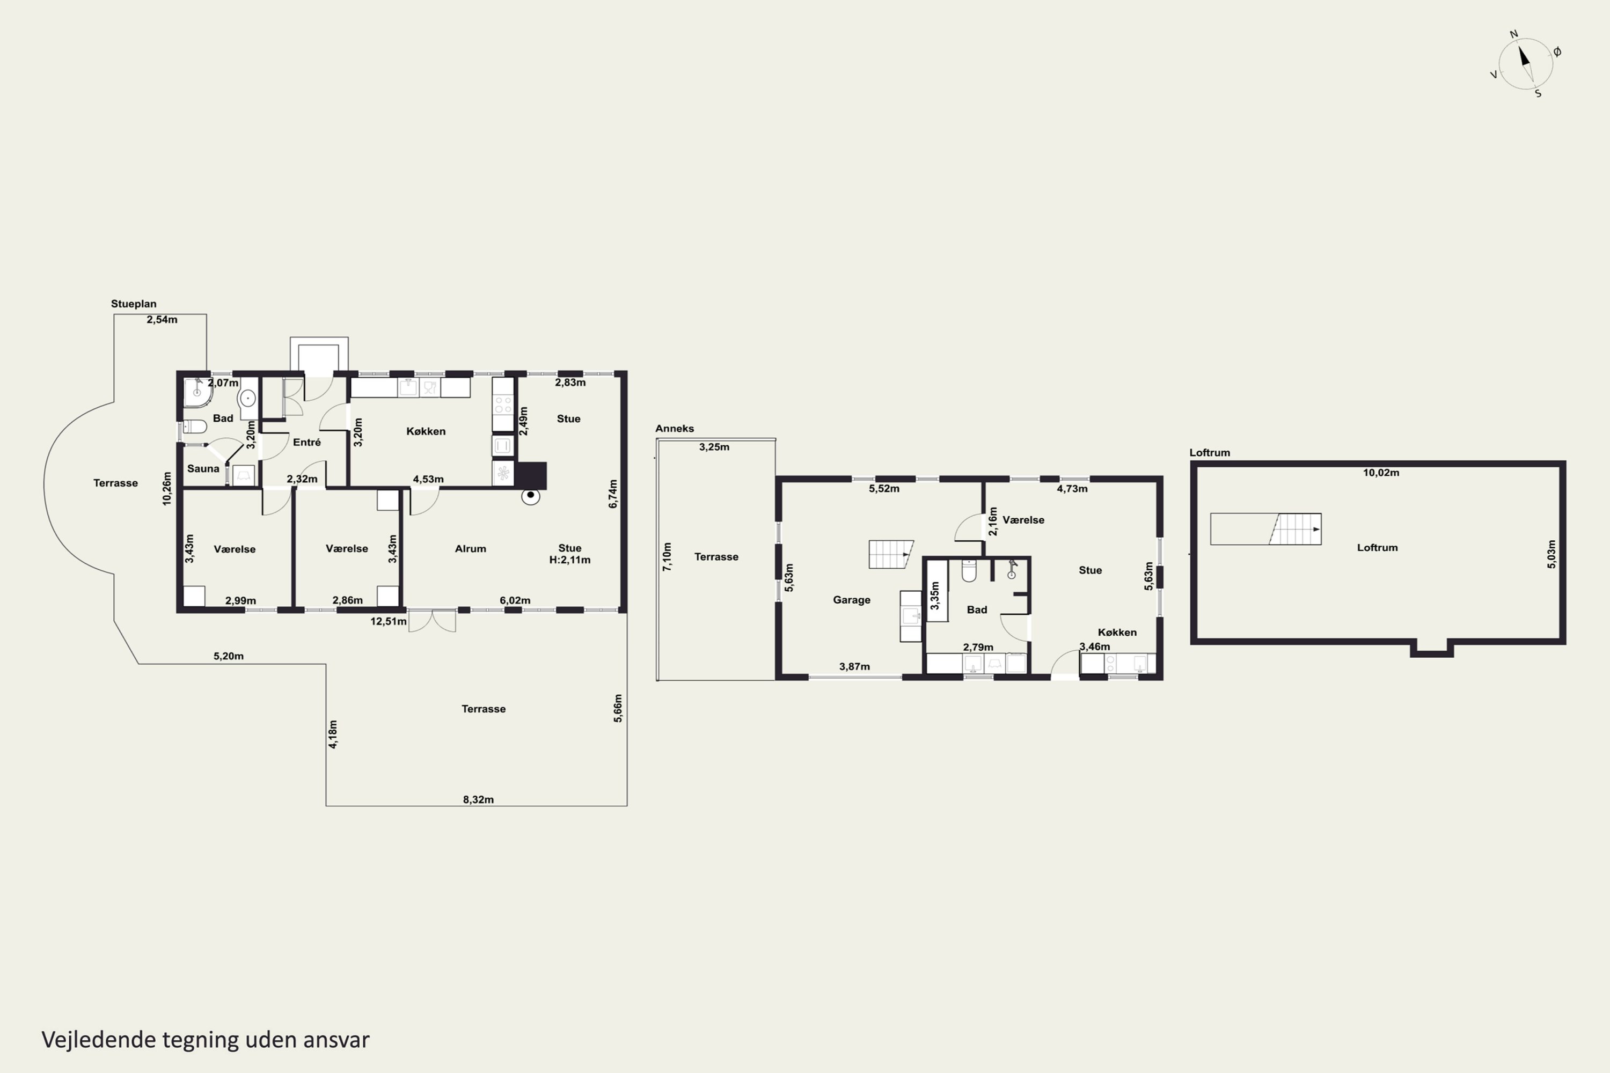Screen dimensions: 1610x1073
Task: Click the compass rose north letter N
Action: (x=1513, y=34)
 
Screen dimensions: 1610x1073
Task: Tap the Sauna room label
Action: (x=203, y=469)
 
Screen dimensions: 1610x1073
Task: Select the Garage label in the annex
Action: (x=852, y=600)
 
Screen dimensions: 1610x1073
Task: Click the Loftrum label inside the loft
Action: (x=1377, y=547)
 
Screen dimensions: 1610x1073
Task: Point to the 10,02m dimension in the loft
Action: (x=1381, y=472)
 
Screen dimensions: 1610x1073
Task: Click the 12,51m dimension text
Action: (x=388, y=621)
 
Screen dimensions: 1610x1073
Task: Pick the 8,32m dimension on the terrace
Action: (x=478, y=799)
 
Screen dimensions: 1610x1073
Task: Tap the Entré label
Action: (x=306, y=442)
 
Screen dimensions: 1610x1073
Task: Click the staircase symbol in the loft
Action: (x=1265, y=529)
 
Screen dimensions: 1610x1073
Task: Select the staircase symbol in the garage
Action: (x=890, y=554)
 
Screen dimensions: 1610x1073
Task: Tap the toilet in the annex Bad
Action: (x=969, y=571)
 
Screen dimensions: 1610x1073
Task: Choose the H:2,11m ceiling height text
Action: (x=569, y=560)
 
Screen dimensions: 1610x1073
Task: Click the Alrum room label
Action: (x=470, y=549)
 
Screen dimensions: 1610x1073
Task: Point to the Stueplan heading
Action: (x=134, y=304)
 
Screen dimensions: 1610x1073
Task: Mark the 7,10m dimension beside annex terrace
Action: (x=667, y=556)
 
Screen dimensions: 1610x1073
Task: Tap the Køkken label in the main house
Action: (x=426, y=431)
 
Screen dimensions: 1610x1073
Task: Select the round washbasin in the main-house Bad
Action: (x=247, y=398)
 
